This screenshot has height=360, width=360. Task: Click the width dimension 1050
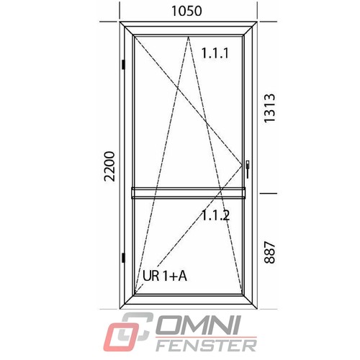186,11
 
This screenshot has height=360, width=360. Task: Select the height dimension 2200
109,166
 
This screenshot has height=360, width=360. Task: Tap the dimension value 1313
269,108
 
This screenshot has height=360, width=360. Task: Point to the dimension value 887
269,253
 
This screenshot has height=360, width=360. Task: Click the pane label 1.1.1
215,53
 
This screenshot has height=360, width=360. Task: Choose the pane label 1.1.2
216,215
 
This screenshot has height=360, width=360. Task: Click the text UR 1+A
165,276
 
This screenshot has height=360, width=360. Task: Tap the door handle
248,169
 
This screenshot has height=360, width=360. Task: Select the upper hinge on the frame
123,64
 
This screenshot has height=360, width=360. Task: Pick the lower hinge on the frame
123,258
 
